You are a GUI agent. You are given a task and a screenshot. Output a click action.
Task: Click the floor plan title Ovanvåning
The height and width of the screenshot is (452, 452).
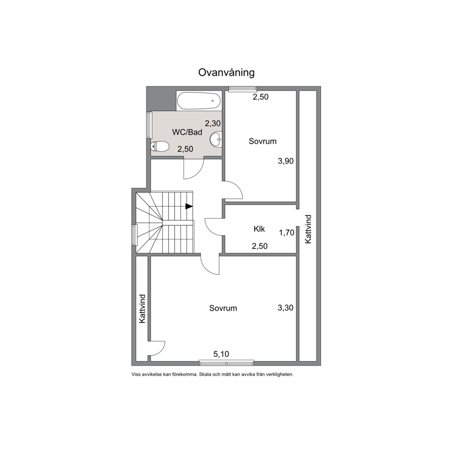226,72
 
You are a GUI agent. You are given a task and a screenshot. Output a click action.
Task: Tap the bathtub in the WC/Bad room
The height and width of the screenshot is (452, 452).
199,101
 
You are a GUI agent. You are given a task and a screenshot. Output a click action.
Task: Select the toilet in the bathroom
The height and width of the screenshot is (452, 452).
159,146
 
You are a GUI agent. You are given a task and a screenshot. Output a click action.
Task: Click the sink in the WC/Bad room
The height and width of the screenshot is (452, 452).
216,139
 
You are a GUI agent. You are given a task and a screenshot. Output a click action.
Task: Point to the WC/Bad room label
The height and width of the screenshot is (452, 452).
187,132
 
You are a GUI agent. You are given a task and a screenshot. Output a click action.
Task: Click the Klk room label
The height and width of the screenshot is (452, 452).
259,229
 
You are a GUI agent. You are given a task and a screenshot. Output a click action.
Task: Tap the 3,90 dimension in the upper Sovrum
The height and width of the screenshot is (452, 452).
286,161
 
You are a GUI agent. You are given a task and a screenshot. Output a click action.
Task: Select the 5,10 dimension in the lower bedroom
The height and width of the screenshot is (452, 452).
221,354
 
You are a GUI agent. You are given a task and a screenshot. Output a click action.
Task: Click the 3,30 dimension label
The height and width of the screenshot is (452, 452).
285,308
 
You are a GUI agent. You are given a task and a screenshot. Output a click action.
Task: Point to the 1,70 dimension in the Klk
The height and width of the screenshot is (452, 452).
287,232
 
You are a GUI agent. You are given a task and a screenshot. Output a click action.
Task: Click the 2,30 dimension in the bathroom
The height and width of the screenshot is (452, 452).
213,123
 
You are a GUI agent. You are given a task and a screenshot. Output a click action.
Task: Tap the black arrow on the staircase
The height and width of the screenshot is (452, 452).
189,206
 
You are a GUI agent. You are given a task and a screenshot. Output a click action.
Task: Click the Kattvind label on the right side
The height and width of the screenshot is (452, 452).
308,229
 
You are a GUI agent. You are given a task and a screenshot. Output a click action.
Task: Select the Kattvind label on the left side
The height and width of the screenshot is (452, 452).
142,309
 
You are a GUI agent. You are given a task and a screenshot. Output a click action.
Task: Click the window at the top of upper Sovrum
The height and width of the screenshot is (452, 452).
242,89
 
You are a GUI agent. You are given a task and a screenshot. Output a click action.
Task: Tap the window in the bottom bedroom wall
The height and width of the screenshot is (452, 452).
226,363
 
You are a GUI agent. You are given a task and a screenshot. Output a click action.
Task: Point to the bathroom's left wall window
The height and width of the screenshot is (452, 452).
149,125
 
